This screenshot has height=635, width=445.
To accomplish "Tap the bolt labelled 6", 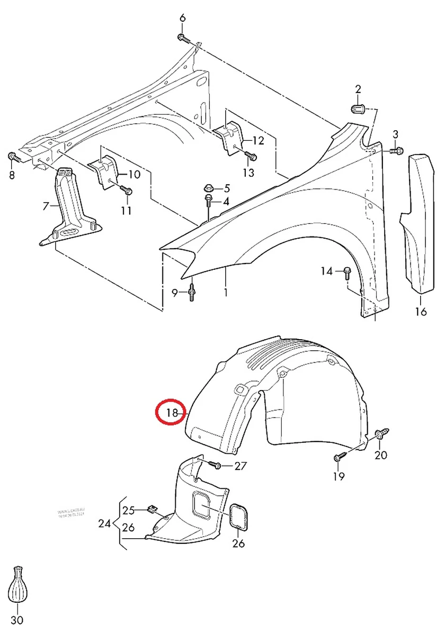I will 182,38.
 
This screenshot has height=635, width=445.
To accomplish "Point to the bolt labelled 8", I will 13,157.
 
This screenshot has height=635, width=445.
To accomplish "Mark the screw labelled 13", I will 251,157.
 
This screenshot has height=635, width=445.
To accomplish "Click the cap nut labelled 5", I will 209,188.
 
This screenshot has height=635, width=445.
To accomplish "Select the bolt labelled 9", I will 192,292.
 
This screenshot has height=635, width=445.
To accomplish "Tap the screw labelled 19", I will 340,456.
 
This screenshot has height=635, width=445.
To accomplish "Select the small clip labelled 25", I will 153,510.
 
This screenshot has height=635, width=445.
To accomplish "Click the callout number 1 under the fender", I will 225,292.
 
